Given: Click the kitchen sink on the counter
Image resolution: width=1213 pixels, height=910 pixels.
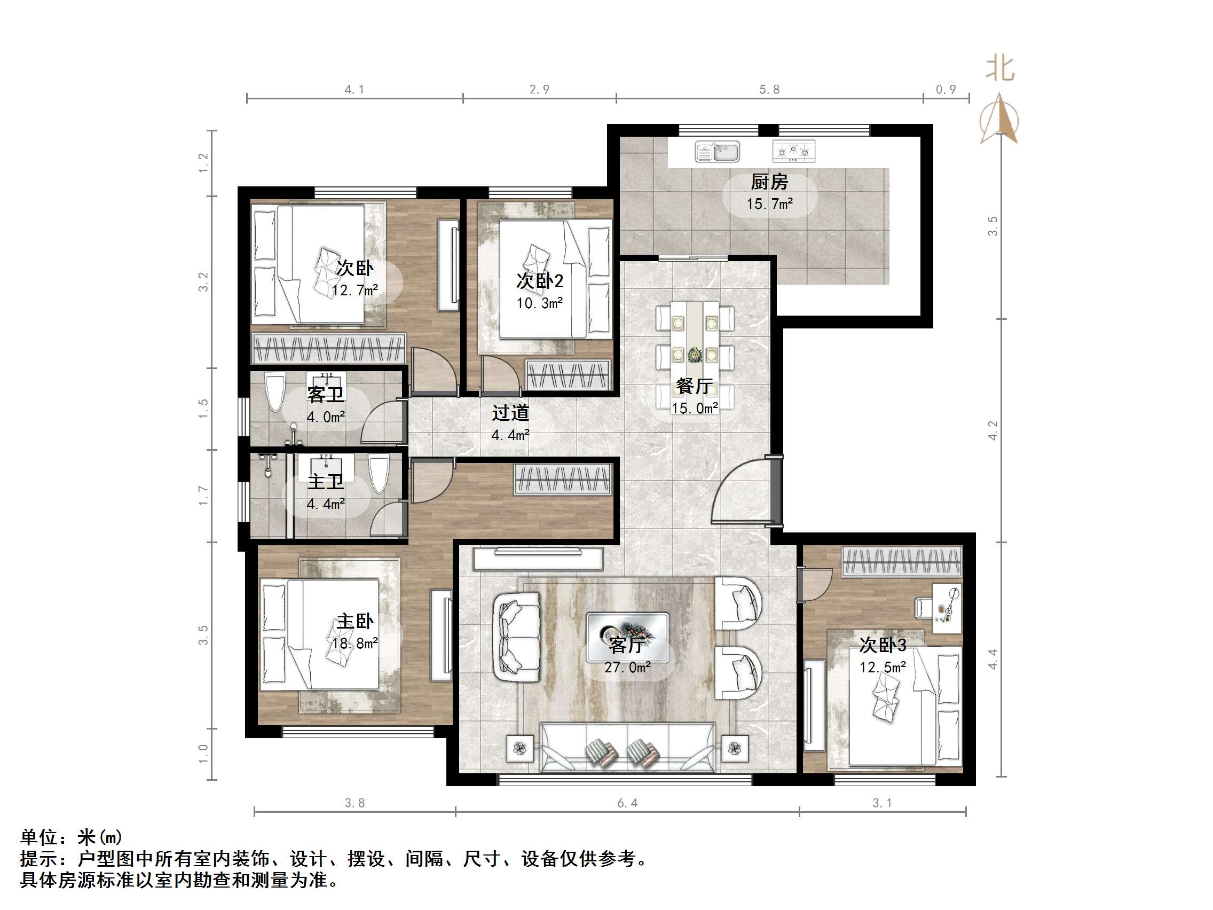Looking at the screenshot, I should click(x=717, y=151).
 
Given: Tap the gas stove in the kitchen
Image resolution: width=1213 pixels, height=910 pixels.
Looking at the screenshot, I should click(x=793, y=151).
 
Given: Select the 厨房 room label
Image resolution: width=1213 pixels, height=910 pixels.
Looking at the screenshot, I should click(x=769, y=182).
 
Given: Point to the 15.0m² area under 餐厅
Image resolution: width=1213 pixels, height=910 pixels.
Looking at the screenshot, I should click(x=694, y=408).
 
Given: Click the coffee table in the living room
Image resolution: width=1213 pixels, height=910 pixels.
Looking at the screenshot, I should click(x=627, y=638).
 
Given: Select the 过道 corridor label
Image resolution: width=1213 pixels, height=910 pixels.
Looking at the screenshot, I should click(x=510, y=412).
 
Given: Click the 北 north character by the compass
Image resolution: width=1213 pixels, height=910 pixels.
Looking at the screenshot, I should click(x=999, y=69).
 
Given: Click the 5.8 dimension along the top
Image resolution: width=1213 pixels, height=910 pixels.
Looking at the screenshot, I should click(x=769, y=89).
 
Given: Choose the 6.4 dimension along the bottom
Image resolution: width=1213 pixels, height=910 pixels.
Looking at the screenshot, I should click(x=627, y=803).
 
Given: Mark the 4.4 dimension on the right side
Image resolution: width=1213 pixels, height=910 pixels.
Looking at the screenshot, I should click(x=993, y=659).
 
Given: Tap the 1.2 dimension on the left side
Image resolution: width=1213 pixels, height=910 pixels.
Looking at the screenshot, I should click(x=203, y=163).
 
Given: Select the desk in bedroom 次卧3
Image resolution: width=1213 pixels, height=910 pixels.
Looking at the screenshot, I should click(x=947, y=608).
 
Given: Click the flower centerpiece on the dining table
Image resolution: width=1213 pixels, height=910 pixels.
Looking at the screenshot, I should click(x=695, y=355).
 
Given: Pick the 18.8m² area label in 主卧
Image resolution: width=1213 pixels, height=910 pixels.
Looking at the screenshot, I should click(x=355, y=643).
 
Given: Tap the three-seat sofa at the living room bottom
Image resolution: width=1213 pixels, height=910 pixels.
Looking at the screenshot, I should click(x=627, y=747).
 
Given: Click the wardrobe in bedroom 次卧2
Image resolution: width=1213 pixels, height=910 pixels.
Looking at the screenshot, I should click(x=568, y=375).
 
